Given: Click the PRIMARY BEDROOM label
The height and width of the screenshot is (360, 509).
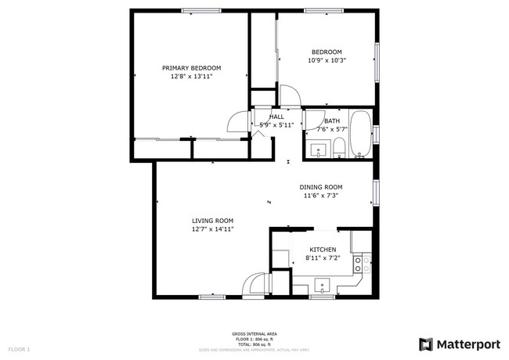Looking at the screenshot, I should (191, 68).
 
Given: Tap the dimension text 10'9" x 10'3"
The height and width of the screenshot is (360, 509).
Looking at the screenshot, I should (327, 60).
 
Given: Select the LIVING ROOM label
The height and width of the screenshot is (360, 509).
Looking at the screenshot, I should (213, 221).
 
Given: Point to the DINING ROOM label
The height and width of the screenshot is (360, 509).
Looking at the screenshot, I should (321, 187).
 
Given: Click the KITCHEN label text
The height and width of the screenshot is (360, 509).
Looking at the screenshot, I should (322, 250).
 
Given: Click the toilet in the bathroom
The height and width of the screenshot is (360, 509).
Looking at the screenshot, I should (339, 148).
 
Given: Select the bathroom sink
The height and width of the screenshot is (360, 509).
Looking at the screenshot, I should (318, 149).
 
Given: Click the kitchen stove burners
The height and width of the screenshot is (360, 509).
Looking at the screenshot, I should (361, 264).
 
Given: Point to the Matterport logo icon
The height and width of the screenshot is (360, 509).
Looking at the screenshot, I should (426, 344).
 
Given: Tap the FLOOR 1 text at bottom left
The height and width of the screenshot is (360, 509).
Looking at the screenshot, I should (19, 348).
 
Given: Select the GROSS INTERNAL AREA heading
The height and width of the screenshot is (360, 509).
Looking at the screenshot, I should (254, 333).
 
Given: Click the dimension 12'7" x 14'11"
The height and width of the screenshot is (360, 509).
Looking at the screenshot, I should (213, 229).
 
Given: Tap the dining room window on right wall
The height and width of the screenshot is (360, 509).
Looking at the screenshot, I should (377, 192).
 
